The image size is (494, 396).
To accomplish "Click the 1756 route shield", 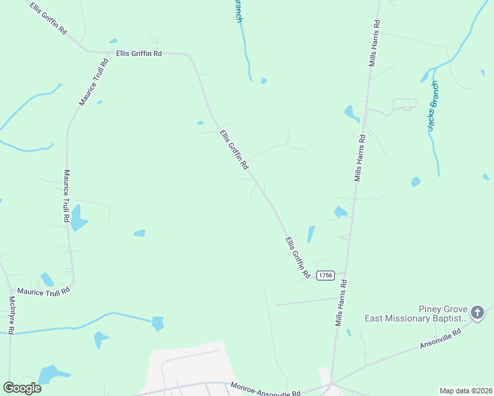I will click(x=325, y=275).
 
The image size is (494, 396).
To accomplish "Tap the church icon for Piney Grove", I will click(x=477, y=310).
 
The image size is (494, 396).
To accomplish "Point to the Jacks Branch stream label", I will click(x=433, y=106).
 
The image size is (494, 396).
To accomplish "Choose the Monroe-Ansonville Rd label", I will click(x=265, y=389).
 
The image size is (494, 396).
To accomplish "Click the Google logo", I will click(x=22, y=388).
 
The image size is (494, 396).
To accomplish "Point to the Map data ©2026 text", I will click(x=465, y=391).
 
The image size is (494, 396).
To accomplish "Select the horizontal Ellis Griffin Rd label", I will click(x=139, y=53).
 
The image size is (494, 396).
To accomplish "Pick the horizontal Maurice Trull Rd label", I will click(x=43, y=290).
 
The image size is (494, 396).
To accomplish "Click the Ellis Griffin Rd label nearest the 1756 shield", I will click(x=297, y=256).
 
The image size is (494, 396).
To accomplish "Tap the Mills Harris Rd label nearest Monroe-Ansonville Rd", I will click(x=341, y=302).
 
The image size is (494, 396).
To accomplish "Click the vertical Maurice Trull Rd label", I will click(x=67, y=195).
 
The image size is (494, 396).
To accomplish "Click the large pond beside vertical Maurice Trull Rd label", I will click(x=78, y=218).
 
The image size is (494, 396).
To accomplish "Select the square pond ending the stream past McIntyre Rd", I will click(x=158, y=323).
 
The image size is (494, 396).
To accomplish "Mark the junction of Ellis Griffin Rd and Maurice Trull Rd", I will click(x=107, y=52).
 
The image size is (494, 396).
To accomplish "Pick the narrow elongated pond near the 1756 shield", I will click(x=310, y=234).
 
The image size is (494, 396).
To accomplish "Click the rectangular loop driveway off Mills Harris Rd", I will click(x=404, y=104).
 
